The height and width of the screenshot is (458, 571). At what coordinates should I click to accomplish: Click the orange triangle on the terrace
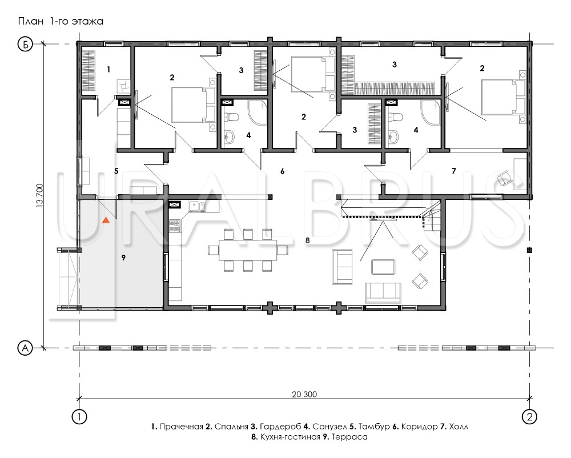click(106, 219)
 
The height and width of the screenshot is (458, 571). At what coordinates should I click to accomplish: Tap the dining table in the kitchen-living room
click(248, 250)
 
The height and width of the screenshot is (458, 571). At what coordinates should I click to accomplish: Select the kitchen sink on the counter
click(196, 206)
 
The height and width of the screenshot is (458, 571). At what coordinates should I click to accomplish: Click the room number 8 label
click(308, 240)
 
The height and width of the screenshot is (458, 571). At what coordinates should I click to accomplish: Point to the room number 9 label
click(123, 258)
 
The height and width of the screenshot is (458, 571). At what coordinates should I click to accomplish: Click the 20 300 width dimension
click(304, 394)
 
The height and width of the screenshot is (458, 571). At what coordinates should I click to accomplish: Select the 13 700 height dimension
click(40, 196)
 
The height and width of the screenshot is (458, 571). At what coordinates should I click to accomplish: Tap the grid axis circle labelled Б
click(25, 45)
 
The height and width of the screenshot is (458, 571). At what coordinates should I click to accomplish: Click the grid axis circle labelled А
click(25, 348)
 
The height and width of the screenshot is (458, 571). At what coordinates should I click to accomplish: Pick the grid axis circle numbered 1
click(80, 416)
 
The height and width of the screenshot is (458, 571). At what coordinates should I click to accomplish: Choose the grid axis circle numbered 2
click(529, 416)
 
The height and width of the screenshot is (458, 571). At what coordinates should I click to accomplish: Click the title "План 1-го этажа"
click(61, 22)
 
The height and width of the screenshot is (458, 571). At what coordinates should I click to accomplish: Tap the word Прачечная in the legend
click(182, 427)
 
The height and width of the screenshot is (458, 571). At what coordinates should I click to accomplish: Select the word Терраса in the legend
click(349, 437)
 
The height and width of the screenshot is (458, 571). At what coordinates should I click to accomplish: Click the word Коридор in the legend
click(419, 427)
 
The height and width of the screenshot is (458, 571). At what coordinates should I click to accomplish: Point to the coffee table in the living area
click(383, 267)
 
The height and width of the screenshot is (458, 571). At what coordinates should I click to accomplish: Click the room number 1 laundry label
click(108, 69)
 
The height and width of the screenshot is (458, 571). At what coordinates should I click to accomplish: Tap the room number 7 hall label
click(454, 171)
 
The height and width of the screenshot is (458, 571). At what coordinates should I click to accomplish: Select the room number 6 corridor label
click(282, 171)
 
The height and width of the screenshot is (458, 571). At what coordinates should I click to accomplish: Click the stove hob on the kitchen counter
click(175, 226)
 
